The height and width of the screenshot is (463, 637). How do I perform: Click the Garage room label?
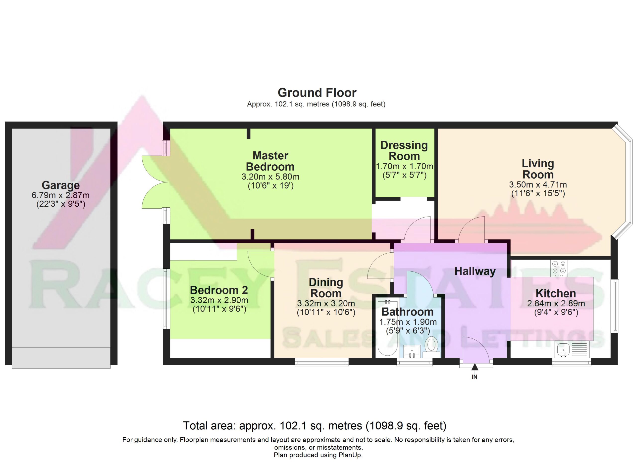[x=61, y=185]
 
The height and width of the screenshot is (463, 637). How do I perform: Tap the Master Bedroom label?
[x=270, y=161]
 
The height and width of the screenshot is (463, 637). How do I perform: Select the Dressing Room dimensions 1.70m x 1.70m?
[x=404, y=166]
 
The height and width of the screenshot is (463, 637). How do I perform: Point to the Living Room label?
[x=538, y=169]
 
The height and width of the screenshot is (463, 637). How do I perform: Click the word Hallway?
[x=475, y=271]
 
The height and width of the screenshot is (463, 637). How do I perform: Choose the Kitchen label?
[x=556, y=293]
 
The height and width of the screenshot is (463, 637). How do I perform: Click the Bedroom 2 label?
[x=219, y=290]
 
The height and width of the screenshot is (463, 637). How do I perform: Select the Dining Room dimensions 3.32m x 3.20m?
[x=326, y=303]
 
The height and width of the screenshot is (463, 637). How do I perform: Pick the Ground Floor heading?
[x=317, y=93]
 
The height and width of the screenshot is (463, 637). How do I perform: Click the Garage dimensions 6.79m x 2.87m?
[x=61, y=195]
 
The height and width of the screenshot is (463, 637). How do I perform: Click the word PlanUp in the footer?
[x=349, y=455]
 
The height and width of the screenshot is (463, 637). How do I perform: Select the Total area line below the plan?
[x=315, y=426]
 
